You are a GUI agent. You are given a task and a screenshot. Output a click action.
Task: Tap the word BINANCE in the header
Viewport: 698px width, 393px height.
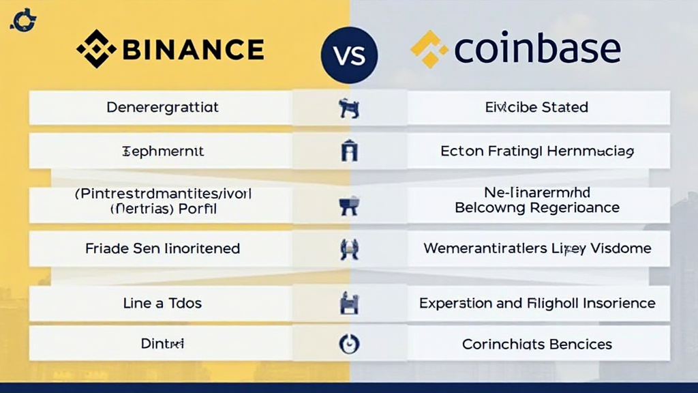(x=194, y=49)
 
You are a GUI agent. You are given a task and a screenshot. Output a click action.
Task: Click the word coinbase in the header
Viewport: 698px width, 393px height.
(x=536, y=49)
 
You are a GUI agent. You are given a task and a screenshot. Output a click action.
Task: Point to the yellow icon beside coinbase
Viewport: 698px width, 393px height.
(x=429, y=49)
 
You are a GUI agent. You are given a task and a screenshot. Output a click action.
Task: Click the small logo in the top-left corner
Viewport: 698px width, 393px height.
(x=23, y=20)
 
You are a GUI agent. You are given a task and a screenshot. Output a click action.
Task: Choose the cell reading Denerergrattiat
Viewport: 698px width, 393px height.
(x=162, y=107)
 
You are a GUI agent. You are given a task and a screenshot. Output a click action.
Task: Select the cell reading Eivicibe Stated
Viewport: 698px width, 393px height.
(x=536, y=107)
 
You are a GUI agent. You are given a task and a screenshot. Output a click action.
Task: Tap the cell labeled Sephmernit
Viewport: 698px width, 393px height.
(x=162, y=151)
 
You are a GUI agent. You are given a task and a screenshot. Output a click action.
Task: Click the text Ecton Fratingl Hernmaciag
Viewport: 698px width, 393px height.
(x=536, y=151)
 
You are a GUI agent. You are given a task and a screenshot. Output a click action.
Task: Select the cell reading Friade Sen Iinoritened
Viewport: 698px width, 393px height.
(x=162, y=248)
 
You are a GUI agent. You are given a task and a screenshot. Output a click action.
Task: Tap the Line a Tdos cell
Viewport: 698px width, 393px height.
(x=162, y=303)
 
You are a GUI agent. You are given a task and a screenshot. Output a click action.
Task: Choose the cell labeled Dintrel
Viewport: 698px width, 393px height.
(x=162, y=345)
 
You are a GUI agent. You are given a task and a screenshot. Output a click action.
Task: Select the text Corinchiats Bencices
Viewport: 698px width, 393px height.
(x=536, y=345)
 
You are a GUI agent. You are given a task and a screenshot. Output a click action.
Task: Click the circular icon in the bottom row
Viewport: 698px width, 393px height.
(x=348, y=345)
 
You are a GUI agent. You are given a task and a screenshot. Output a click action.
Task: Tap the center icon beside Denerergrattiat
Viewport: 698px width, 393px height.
(x=348, y=108)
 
